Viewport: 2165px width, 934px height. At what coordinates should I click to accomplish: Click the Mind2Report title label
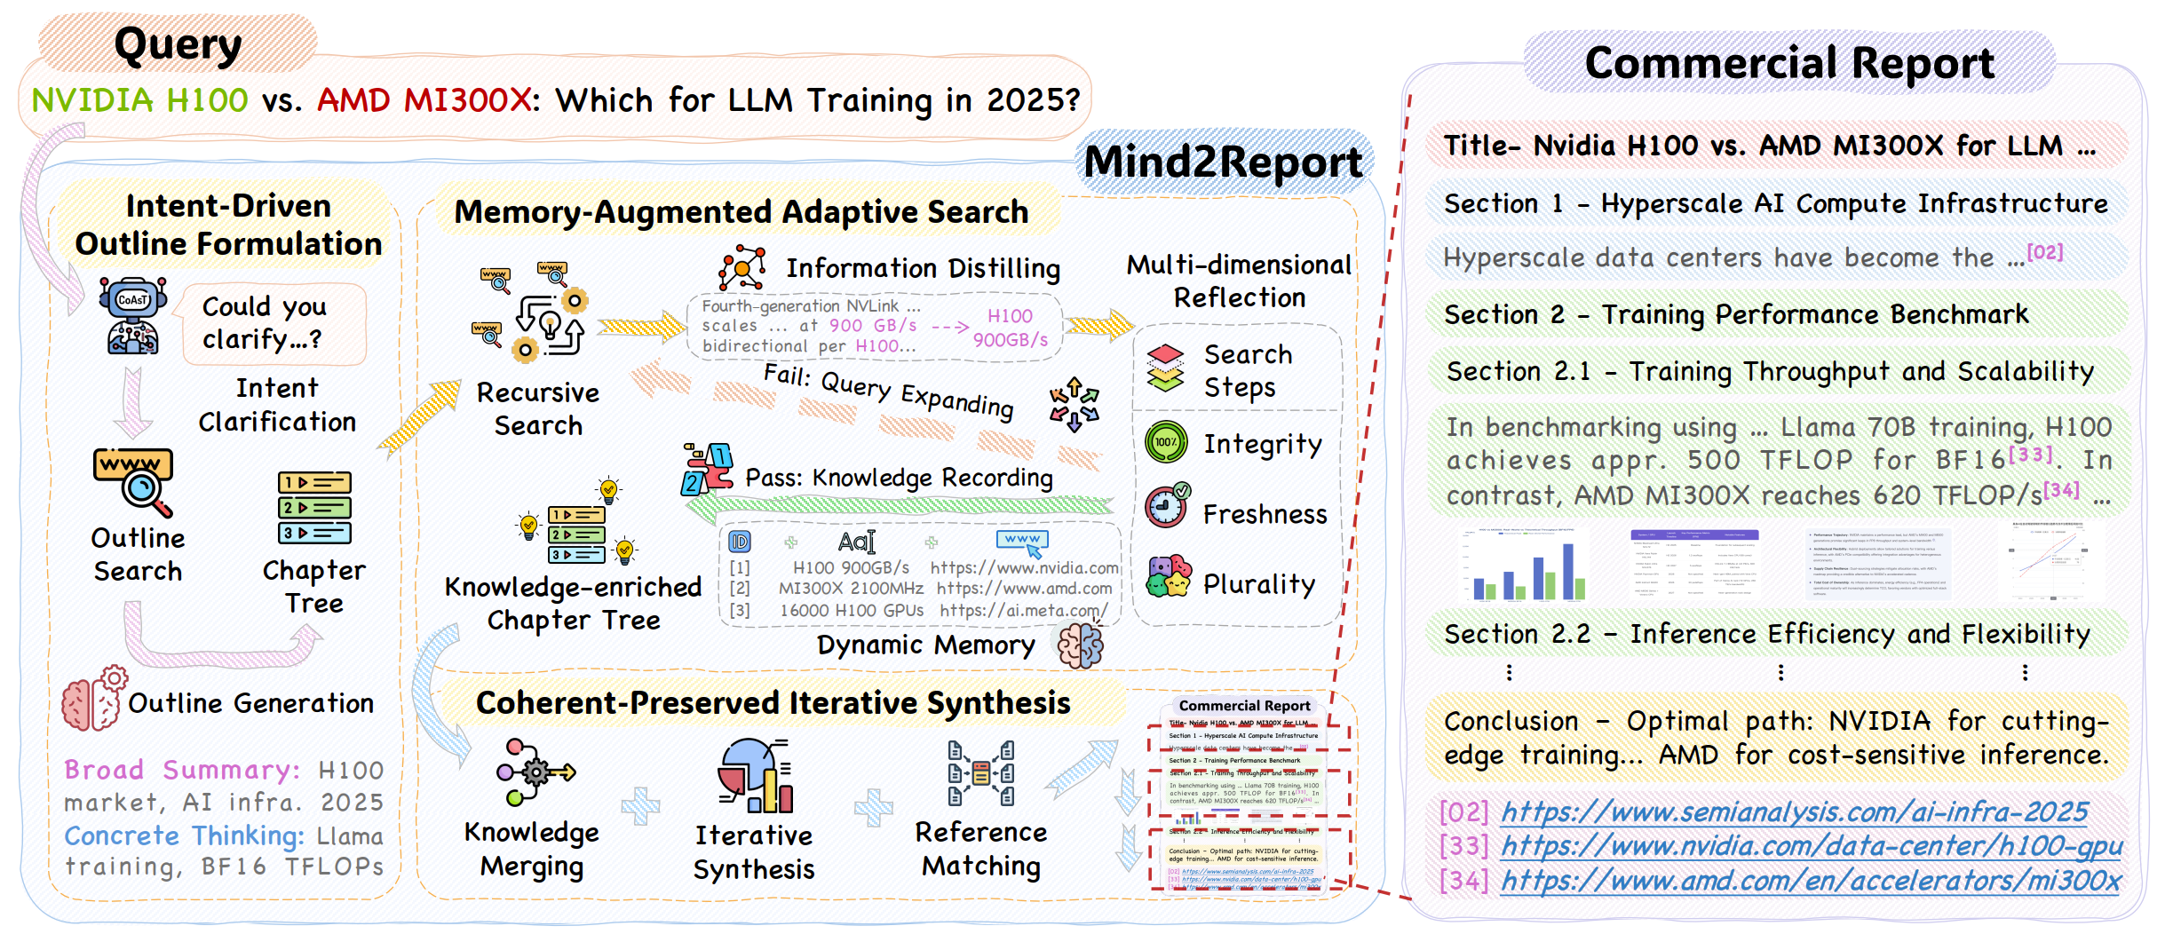coord(1223,162)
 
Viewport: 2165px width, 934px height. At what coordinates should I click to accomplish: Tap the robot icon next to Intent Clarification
coord(132,315)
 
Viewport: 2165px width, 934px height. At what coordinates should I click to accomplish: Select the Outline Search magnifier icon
coord(134,482)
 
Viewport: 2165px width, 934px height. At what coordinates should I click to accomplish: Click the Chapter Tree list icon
coord(314,508)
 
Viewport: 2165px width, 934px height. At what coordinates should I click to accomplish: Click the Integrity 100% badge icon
coord(1166,442)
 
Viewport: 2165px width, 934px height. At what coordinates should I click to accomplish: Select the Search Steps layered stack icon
coord(1165,368)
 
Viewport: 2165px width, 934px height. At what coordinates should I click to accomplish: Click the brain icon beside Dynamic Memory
coord(1080,645)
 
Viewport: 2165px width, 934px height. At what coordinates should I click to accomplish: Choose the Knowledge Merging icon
coord(533,772)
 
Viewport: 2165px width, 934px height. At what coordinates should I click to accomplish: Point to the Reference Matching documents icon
coord(980,773)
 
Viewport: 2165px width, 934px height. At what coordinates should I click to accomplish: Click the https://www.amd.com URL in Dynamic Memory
coord(1024,589)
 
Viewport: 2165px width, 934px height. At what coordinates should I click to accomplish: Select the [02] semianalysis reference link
coord(1794,812)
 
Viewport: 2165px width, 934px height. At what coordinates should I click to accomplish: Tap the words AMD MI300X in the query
coord(424,100)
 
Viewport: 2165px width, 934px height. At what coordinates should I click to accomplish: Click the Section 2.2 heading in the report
coord(1766,634)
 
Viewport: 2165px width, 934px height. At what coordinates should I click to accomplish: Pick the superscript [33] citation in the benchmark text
coord(2030,455)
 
